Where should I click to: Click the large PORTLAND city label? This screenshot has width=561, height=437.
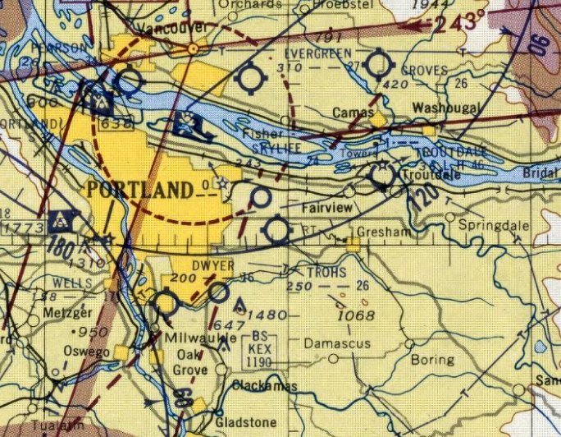pyautogui.click(x=140, y=191)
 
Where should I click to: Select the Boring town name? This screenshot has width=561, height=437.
pyautogui.click(x=431, y=359)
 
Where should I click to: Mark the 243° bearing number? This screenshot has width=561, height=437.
pyautogui.click(x=462, y=22)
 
